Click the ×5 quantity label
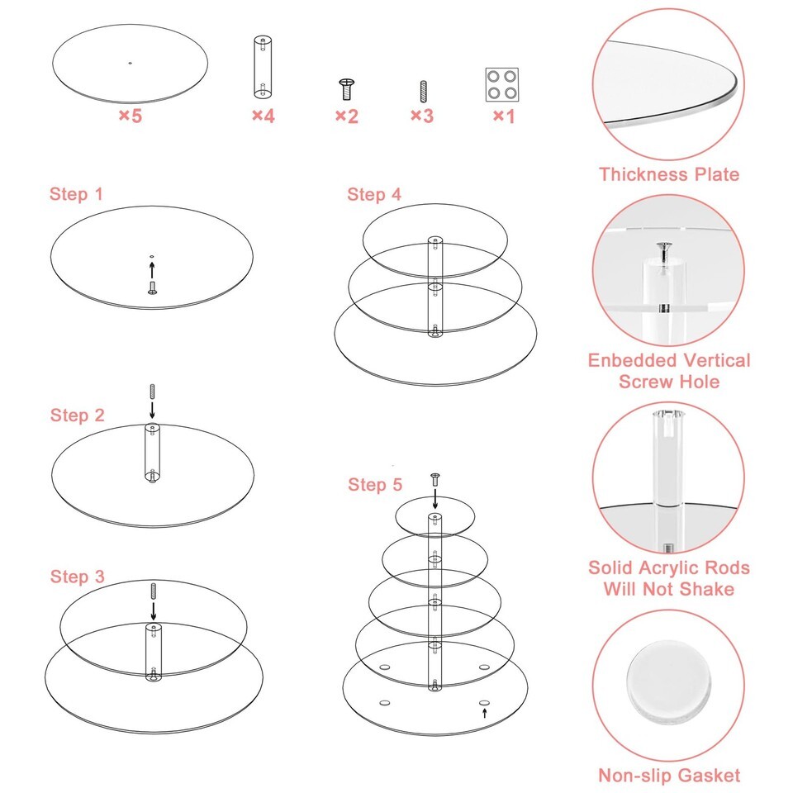(130, 116)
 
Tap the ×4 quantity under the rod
(263, 116)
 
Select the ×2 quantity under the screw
(346, 116)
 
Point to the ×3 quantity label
(422, 116)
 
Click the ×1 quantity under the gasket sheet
(504, 116)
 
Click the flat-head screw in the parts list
(346, 89)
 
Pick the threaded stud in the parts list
(423, 92)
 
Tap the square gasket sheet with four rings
(502, 84)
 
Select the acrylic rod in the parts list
(263, 67)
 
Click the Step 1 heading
(76, 193)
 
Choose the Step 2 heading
(77, 415)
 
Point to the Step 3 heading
(77, 577)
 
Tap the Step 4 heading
(373, 194)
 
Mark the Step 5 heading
(375, 485)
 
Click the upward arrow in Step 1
(152, 269)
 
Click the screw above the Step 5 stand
(435, 479)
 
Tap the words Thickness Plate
(668, 174)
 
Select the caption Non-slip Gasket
(668, 776)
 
